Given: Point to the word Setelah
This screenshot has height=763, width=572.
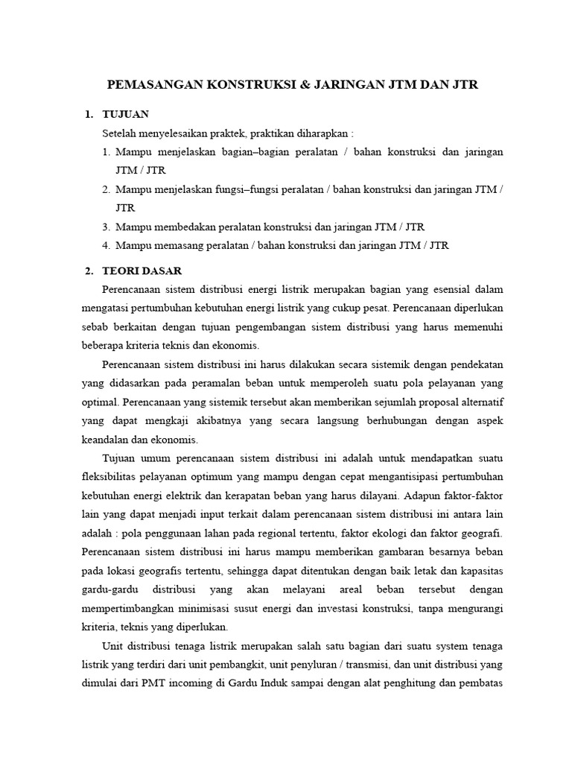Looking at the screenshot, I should (119, 133).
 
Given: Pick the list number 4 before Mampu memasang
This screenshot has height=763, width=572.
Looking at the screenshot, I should (107, 244).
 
